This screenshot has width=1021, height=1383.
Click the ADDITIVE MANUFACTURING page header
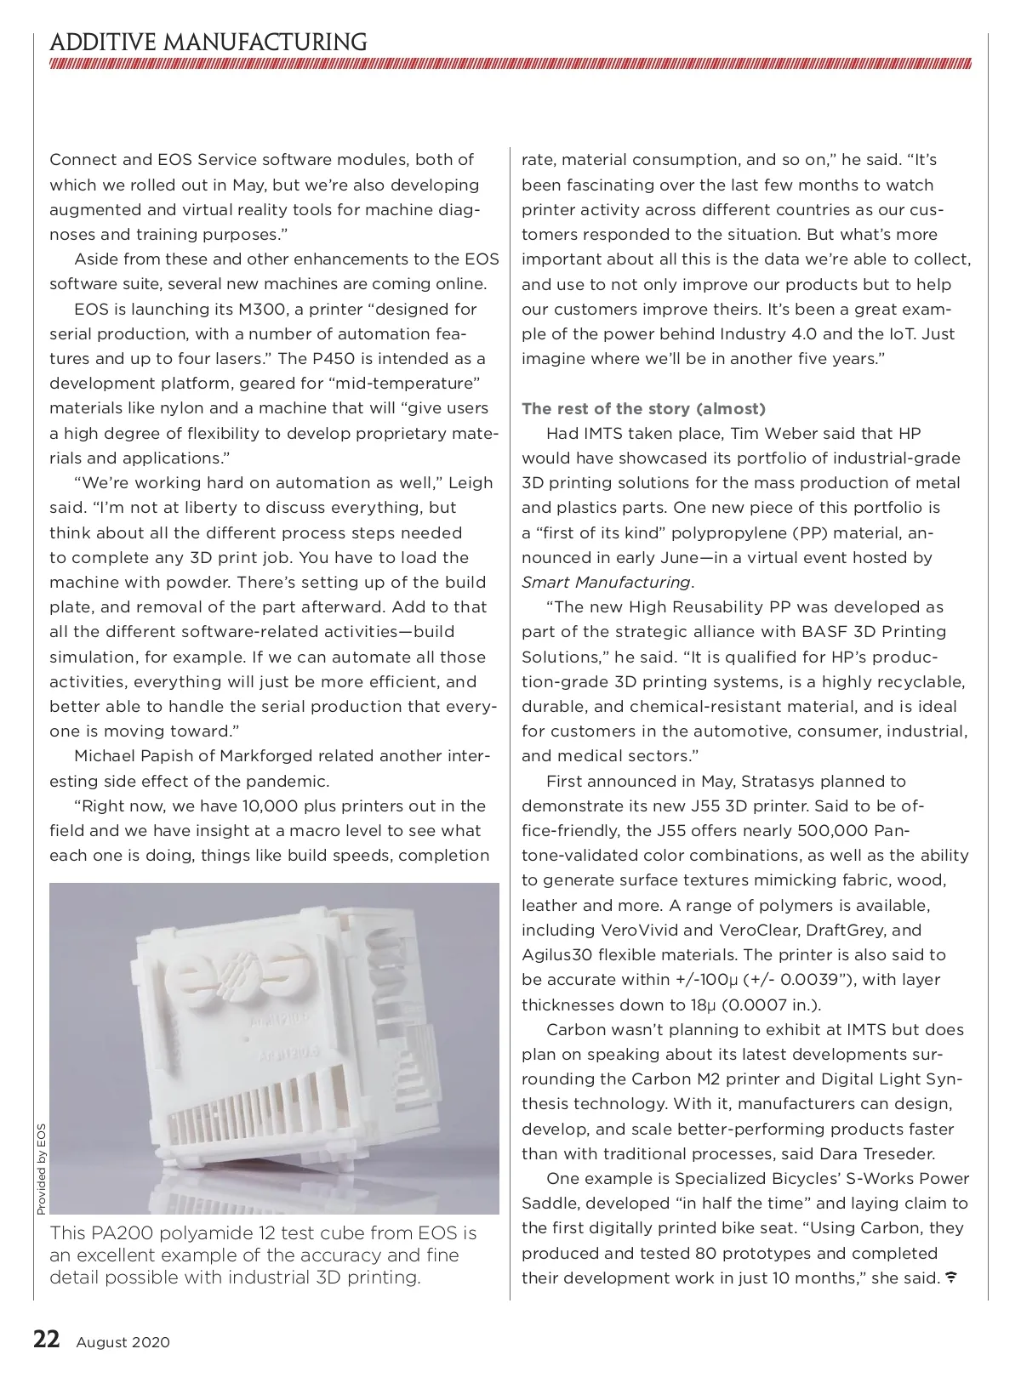[208, 43]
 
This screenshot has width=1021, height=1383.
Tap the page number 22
[46, 1340]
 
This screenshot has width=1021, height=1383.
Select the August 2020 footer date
[123, 1342]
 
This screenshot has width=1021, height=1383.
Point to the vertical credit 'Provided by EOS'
[41, 1170]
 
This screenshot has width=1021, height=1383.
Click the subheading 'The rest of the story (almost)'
[644, 409]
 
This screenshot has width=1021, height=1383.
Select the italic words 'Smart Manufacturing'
[606, 583]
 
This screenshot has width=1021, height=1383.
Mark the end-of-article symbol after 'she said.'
[951, 1278]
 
